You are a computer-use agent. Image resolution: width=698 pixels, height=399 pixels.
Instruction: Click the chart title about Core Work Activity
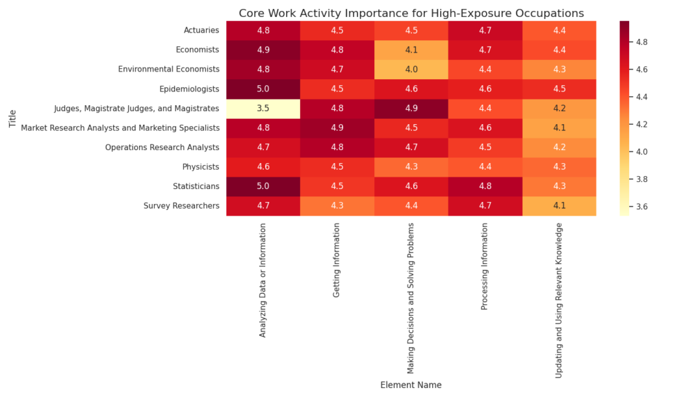[411, 13]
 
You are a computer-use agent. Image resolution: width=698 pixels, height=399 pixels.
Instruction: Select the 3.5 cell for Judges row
[262, 108]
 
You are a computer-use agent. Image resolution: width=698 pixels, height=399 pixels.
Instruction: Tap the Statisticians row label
[196, 186]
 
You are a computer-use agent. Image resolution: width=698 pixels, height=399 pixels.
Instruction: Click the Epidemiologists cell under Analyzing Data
[262, 89]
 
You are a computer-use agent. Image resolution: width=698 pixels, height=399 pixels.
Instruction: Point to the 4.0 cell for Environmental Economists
[411, 69]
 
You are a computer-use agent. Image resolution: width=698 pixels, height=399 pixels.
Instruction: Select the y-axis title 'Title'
[12, 118]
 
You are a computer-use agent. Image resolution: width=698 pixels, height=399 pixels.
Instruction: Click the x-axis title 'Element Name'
[411, 385]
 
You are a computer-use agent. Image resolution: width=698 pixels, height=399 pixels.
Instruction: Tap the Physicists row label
[200, 166]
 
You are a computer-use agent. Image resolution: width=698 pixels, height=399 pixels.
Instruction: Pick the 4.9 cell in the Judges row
[411, 108]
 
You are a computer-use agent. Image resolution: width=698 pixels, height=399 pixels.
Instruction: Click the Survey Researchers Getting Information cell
[337, 206]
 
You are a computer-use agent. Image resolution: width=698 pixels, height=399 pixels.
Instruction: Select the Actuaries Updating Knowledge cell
[559, 29]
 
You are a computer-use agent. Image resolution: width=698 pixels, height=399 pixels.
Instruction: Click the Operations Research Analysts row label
[162, 147]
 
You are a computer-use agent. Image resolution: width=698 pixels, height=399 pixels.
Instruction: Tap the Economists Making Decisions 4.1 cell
[411, 49]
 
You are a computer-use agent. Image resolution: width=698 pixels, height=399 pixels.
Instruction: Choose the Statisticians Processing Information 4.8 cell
[485, 186]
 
